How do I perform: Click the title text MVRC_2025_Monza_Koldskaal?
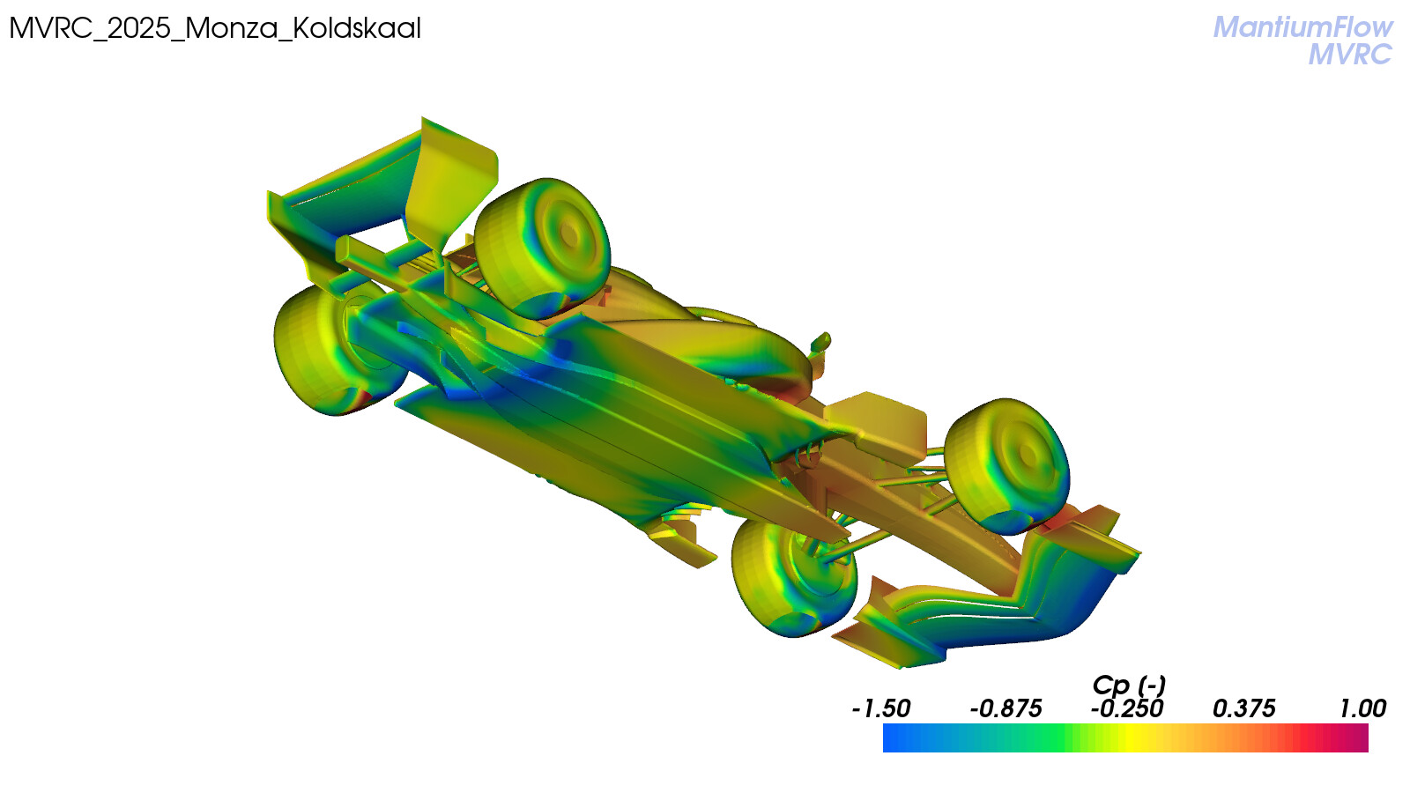215,29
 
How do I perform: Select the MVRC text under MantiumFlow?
1349,55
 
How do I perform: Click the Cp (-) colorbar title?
1129,686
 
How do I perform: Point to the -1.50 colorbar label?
881,709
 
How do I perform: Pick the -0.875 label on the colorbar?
1006,709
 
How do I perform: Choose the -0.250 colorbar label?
1127,709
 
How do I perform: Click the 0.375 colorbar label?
1243,709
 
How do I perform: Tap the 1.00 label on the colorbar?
1362,709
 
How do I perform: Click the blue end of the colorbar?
887,737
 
